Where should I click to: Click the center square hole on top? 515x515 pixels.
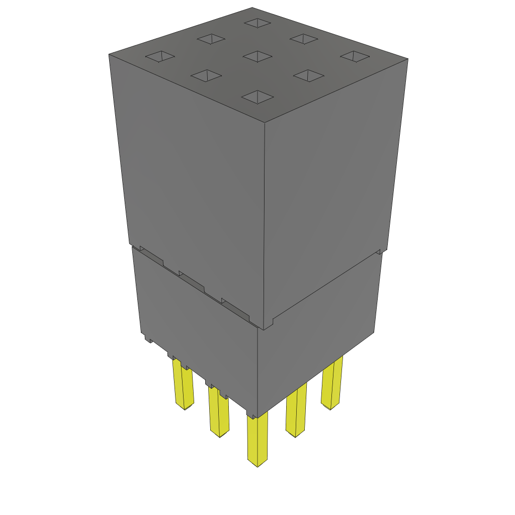pos(257,56)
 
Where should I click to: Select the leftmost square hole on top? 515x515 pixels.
pos(160,57)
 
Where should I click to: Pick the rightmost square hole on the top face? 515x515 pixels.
pos(355,56)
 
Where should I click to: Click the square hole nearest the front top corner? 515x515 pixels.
pos(257,97)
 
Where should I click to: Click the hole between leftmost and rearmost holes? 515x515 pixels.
pos(211,39)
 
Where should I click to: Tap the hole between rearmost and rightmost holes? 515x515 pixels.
pos(304,39)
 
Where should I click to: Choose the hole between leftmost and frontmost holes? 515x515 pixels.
pos(206,75)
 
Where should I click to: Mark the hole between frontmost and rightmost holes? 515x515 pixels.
pos(308,76)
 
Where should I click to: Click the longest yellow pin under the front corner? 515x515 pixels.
pos(257,440)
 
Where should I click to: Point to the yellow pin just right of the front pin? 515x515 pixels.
pos(296,410)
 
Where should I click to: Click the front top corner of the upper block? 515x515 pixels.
pos(265,122)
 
